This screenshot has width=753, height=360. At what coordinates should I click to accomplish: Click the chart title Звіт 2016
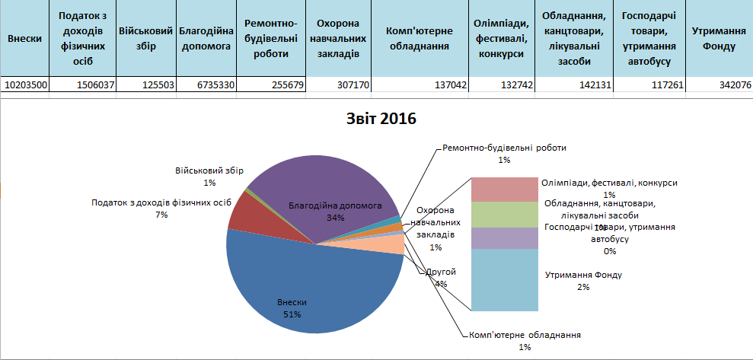point(378,119)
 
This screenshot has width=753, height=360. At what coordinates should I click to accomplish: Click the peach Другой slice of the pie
point(392,244)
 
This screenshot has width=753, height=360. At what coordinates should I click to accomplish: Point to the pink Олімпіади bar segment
point(504,189)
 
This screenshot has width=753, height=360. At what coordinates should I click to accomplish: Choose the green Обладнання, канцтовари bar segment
point(504,214)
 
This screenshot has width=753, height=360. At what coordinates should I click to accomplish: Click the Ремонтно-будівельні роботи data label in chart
point(504,149)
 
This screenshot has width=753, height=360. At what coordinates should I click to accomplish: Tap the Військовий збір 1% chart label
point(209,176)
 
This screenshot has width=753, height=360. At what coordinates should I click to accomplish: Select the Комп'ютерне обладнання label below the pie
point(525,335)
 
